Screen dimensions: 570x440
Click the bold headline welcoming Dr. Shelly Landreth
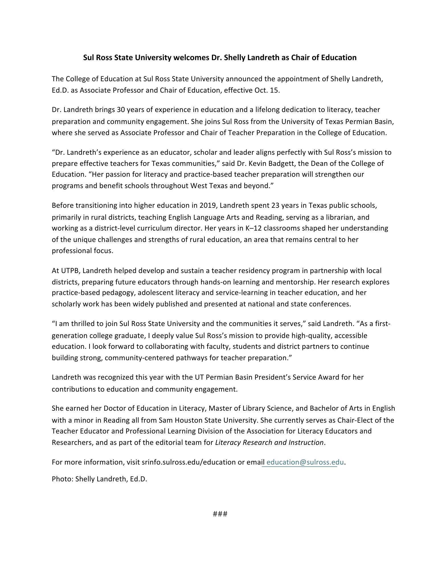(220, 58)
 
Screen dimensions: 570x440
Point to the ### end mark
(220, 514)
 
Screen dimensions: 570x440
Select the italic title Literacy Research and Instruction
(269, 443)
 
